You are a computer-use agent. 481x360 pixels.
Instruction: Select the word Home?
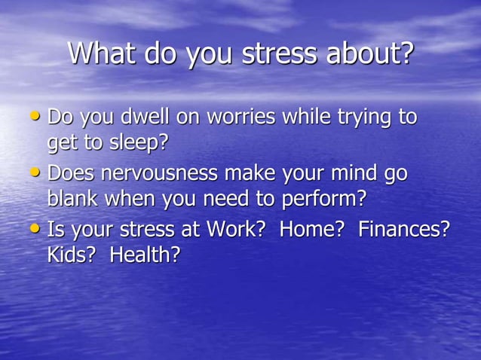click(x=312, y=230)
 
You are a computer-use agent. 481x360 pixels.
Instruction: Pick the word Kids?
click(x=72, y=255)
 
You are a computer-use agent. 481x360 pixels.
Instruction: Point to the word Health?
click(x=146, y=255)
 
